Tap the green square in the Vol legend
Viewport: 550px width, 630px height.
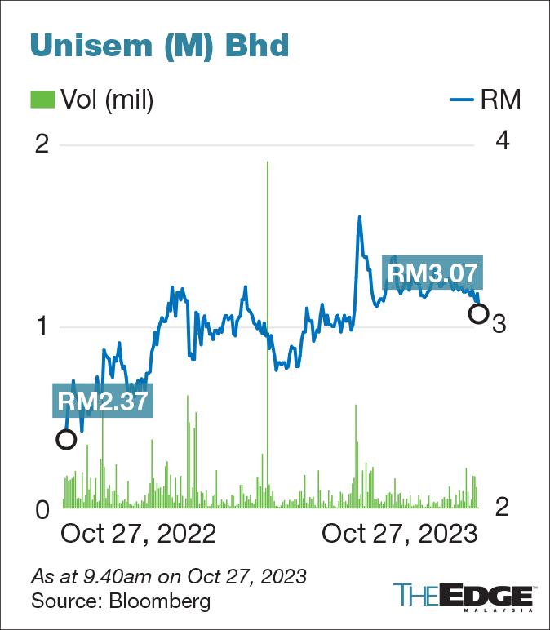click(x=41, y=100)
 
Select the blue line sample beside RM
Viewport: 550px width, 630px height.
click(x=462, y=101)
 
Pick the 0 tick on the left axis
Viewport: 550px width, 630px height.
click(x=42, y=510)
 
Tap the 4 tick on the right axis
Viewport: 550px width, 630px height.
click(x=503, y=141)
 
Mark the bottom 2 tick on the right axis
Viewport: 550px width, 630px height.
click(x=503, y=508)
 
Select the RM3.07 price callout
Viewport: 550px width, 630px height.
click(x=432, y=273)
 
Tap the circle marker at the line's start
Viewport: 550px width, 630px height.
click(x=66, y=439)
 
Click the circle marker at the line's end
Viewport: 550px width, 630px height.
click(x=479, y=313)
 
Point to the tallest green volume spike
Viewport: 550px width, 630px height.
click(x=268, y=163)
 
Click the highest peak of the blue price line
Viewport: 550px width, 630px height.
click(x=359, y=216)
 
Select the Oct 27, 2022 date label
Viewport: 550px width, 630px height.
click(x=139, y=534)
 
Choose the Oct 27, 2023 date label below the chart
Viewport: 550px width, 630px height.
click(x=399, y=534)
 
